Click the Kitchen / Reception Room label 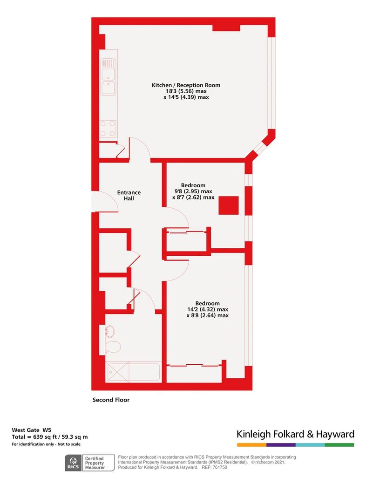click(x=186, y=85)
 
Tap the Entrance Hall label click(x=129, y=195)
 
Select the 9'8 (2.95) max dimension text click(x=193, y=191)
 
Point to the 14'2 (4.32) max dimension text click(x=208, y=309)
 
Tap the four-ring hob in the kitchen click(x=108, y=129)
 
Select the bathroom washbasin click(x=110, y=331)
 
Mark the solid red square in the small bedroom click(x=229, y=205)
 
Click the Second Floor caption click(x=111, y=400)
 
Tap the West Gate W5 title click(x=32, y=430)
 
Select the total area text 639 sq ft click(x=43, y=437)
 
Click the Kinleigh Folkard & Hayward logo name click(x=296, y=434)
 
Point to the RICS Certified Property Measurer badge click(x=90, y=463)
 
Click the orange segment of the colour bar click(x=252, y=445)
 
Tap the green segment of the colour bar click(x=339, y=445)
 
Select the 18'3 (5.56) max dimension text click(x=186, y=91)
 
